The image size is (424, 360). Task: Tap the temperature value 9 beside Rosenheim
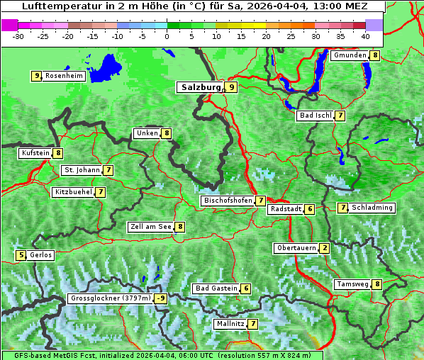point(36,76)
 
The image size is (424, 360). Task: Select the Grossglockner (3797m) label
point(111,298)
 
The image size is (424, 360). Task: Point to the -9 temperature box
point(161,298)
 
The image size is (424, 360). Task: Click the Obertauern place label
point(296,248)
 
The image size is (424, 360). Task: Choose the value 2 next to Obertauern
point(324,248)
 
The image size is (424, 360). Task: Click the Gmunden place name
point(350,55)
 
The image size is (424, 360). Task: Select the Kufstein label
point(35,152)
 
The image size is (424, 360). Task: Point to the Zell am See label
point(151,227)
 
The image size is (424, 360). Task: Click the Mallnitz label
point(230,324)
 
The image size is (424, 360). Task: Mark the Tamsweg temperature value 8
point(377,284)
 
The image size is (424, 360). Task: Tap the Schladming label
point(372,208)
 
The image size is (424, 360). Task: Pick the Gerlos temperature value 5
point(22,255)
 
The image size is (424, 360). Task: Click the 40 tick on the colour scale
point(364,35)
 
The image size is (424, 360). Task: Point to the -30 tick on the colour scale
point(18,35)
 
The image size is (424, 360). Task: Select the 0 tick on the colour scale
point(167,35)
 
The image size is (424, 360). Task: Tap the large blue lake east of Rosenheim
point(107,68)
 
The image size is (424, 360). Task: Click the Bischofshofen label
point(228,201)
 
